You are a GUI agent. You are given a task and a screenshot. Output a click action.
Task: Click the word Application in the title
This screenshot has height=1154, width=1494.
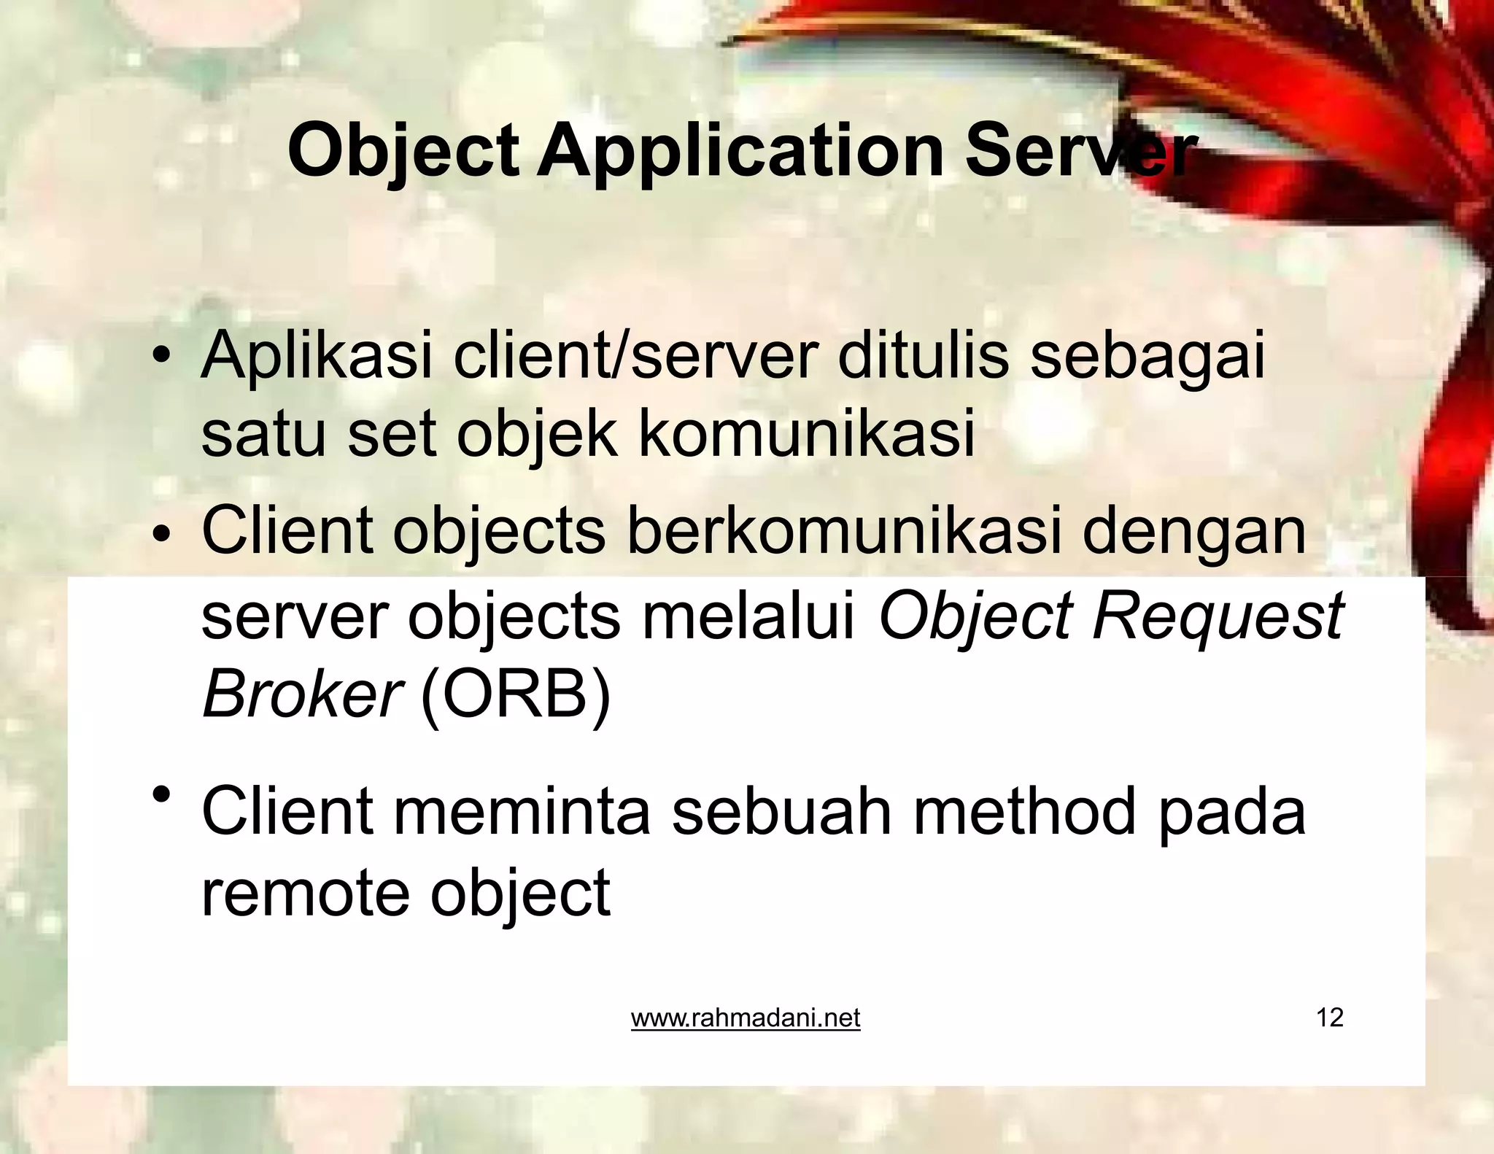[741, 152]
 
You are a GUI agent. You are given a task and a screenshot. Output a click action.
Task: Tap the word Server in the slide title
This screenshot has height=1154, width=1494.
[1080, 152]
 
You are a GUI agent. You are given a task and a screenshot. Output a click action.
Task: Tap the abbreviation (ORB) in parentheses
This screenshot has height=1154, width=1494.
[515, 694]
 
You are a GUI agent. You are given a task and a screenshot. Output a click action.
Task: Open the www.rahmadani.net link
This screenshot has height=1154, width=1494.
[746, 1018]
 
